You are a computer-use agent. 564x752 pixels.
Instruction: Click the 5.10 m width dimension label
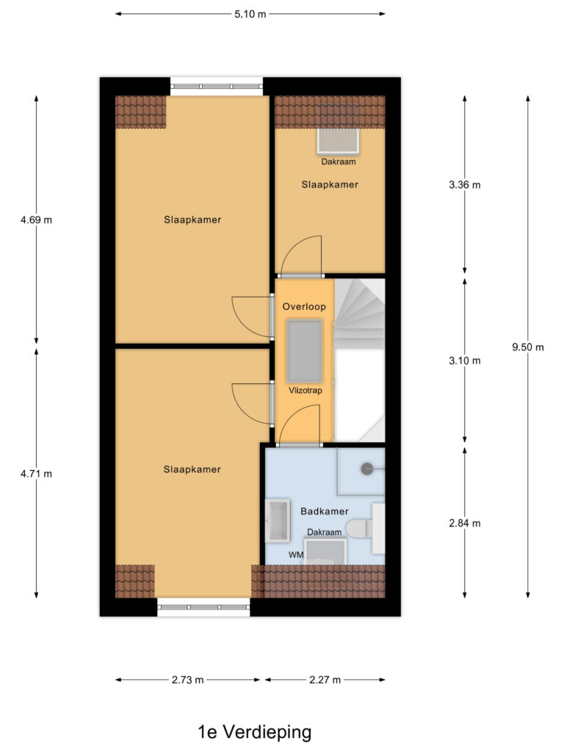(250, 14)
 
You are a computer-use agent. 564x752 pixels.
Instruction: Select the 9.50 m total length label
(527, 347)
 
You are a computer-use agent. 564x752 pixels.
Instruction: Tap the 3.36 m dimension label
(464, 184)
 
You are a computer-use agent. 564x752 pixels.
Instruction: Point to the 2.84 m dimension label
(464, 523)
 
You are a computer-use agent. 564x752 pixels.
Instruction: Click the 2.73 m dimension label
(187, 679)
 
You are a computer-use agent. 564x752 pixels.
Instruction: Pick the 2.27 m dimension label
(325, 679)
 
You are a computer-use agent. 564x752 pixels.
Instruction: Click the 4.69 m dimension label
(36, 220)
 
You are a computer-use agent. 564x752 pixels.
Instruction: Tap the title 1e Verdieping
(255, 732)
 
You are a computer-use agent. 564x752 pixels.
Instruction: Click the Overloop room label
(304, 306)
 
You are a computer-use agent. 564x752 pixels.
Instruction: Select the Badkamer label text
(324, 511)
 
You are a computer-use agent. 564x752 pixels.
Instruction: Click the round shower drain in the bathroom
(367, 469)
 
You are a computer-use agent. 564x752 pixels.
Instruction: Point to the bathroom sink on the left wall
(278, 521)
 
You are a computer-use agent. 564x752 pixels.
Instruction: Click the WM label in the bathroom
(296, 555)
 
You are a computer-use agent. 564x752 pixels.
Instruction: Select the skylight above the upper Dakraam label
(338, 141)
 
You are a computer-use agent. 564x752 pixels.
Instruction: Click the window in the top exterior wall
(217, 87)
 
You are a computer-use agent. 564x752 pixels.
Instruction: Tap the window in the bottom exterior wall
(204, 607)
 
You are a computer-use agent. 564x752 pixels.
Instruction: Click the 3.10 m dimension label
(464, 361)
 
